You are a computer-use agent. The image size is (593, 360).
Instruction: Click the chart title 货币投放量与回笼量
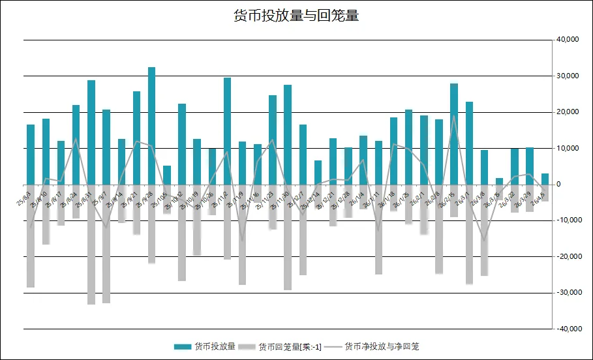[296, 16]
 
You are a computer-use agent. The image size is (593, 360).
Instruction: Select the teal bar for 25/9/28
[151, 125]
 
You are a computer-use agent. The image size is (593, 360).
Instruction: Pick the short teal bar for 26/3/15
[499, 181]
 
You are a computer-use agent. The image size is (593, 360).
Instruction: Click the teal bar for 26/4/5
[545, 179]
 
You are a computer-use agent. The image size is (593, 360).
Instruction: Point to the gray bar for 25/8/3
[31, 235]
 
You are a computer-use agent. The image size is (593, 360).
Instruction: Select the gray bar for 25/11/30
[288, 237]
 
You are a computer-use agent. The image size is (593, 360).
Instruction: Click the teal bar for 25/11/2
[227, 130]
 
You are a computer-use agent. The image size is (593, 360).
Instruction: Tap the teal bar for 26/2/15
[454, 134]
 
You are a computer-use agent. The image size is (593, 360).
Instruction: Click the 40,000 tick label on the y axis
[568, 40]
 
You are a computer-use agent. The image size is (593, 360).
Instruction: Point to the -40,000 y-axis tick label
[566, 329]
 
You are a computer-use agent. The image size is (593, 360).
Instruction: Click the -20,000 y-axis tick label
[566, 257]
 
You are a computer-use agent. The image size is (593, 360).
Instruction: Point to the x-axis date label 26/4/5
[539, 196]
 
